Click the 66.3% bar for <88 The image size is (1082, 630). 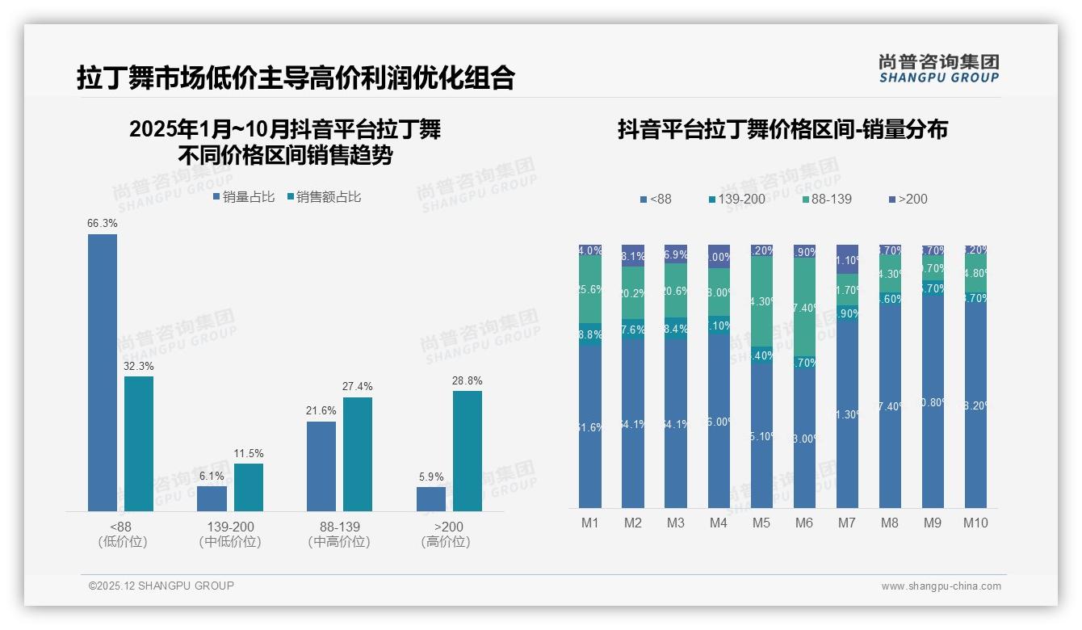(x=103, y=372)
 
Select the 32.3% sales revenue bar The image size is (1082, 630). (x=139, y=443)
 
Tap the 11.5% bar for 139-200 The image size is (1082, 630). (x=249, y=487)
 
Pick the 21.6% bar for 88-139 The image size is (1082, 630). (x=321, y=466)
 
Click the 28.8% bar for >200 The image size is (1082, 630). (x=468, y=451)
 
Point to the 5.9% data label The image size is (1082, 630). (x=431, y=477)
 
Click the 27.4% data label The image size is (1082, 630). (x=358, y=387)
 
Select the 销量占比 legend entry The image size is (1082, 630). (x=244, y=196)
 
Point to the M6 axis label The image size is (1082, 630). (x=804, y=523)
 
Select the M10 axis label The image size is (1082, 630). (x=975, y=523)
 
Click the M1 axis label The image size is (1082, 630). (x=590, y=523)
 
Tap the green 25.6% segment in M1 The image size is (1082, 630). (x=590, y=289)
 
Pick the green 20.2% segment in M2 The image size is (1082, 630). (x=633, y=294)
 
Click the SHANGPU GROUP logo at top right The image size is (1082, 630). (x=938, y=69)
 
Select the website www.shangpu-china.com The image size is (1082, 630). (x=941, y=586)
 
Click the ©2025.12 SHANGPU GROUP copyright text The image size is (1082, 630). (x=161, y=586)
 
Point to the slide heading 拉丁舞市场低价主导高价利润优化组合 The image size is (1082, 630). (x=296, y=78)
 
